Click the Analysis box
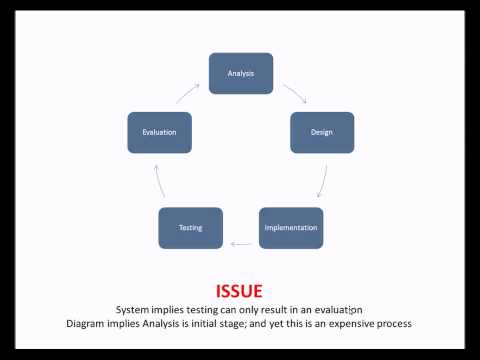240,73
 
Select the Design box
322,132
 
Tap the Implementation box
291,227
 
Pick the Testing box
190,227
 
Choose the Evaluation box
159,132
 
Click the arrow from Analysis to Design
294,93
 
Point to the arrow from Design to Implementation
321,182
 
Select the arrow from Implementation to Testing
241,243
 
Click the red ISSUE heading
240,292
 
